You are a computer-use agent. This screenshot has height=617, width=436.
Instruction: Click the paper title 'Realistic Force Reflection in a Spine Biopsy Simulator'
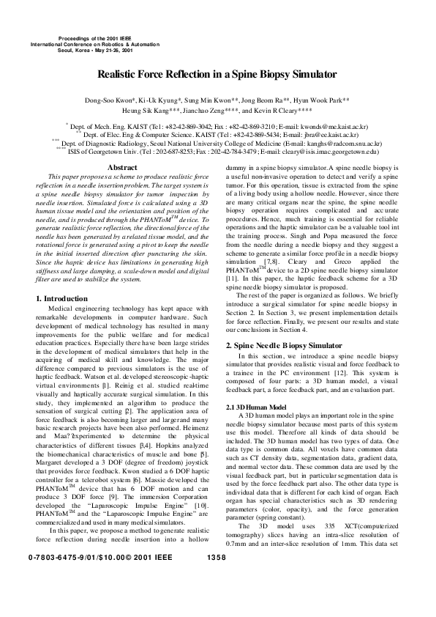tap(217, 74)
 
